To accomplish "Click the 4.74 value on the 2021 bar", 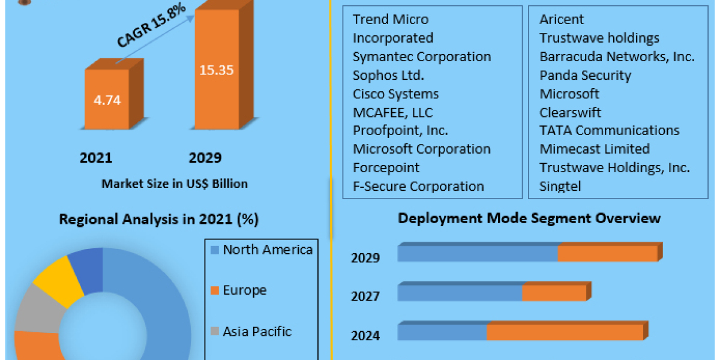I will tap(107, 100).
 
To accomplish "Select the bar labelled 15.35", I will tap(217, 70).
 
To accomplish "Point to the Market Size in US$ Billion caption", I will tap(174, 184).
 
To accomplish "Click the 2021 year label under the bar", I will tap(96, 158).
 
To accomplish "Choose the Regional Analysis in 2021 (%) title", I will tap(158, 220).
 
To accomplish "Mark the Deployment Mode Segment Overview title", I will tap(529, 218).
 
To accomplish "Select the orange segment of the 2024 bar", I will tap(565, 332).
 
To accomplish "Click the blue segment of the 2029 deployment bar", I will tap(477, 254).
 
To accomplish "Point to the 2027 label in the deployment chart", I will tap(365, 296).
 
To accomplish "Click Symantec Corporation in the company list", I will tap(422, 56).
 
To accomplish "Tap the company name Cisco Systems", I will tap(395, 94).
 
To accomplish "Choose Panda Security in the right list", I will tap(585, 75).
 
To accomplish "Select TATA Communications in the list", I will tap(609, 130).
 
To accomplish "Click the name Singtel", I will tap(560, 186).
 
